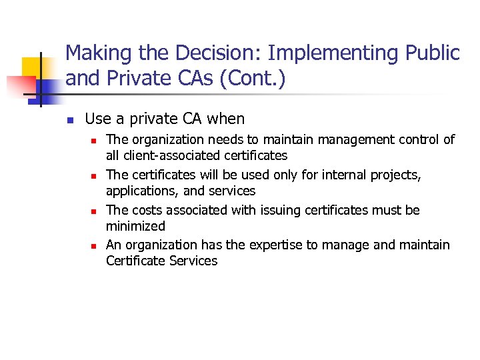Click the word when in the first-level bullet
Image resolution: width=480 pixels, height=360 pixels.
coord(226,119)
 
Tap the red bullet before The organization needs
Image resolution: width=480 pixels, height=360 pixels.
coord(95,141)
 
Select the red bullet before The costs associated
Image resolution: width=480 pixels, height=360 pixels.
coord(95,211)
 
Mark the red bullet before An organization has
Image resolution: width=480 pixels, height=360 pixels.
coord(95,246)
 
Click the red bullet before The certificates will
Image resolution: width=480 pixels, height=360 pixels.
coord(95,176)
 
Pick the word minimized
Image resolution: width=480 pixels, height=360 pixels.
coord(135,226)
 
